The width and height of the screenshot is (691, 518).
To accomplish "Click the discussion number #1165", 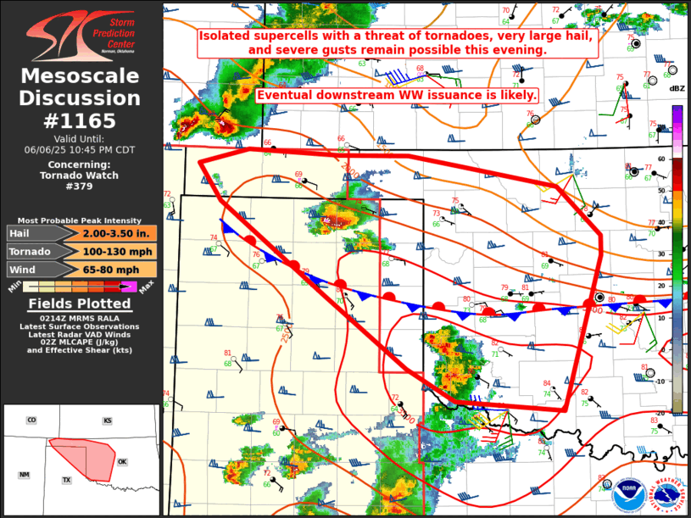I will [81, 120].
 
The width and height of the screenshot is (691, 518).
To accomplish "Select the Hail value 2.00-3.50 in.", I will [118, 233].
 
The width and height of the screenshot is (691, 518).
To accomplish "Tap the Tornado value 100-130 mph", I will [118, 252].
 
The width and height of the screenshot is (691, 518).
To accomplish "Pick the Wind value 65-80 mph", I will [118, 270].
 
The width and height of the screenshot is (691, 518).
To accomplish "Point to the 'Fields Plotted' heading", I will [80, 304].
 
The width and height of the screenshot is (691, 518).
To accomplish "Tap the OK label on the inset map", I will [122, 462].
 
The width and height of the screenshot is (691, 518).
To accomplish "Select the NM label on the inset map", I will [25, 474].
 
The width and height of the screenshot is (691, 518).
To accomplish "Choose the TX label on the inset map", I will [66, 480].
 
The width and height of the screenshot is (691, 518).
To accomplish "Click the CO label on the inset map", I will [31, 421].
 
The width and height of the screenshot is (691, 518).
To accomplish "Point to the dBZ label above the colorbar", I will [677, 88].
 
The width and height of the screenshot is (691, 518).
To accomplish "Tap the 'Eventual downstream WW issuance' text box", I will [397, 95].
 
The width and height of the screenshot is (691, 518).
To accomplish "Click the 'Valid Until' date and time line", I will [81, 149].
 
